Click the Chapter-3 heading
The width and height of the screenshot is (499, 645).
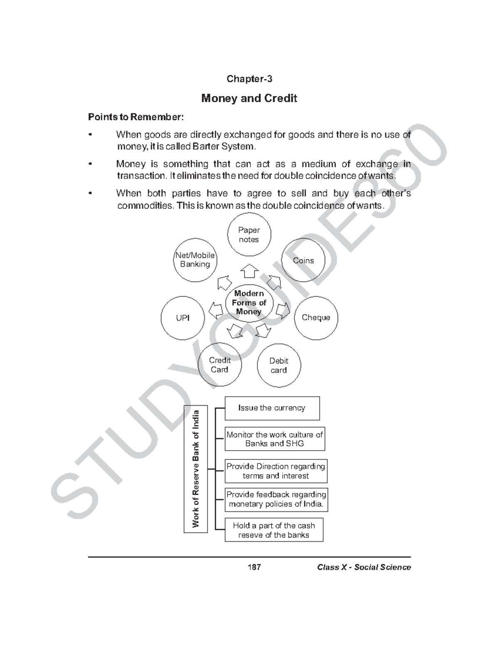click(249, 79)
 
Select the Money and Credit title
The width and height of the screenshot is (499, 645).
click(249, 98)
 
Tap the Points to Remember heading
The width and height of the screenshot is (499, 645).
click(136, 117)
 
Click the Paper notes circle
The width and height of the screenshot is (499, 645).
click(249, 235)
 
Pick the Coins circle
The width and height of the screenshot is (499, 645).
click(303, 260)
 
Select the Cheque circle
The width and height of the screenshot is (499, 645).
click(316, 318)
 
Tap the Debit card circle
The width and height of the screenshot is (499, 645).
click(279, 365)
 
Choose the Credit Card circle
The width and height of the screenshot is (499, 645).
click(220, 365)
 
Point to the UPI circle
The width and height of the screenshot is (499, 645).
click(183, 318)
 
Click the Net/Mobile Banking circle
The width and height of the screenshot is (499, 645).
click(195, 260)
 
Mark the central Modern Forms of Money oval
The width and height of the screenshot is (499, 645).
click(249, 302)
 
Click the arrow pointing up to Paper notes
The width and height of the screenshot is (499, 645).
click(249, 271)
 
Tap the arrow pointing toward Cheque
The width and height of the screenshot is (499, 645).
click(283, 311)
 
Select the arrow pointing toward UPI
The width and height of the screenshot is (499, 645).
click(215, 310)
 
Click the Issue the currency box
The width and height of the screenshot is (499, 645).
click(272, 408)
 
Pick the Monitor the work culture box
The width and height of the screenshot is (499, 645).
click(274, 439)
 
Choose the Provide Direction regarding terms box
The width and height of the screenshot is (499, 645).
click(276, 471)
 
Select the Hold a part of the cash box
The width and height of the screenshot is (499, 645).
click(274, 530)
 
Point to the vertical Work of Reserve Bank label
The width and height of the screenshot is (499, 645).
click(195, 469)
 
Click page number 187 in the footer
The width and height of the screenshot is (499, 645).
click(254, 567)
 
